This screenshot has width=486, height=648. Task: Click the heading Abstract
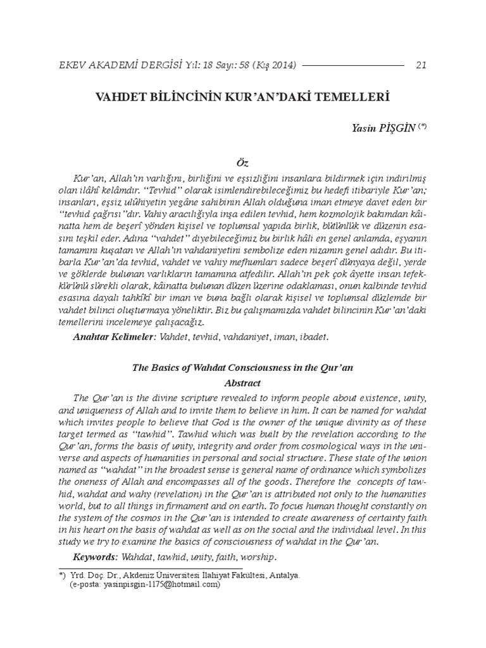point(243,383)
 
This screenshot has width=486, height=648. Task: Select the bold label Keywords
point(96,558)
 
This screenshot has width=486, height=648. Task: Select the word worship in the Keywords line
point(259,558)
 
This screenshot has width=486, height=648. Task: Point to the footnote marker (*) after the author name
point(422,126)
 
